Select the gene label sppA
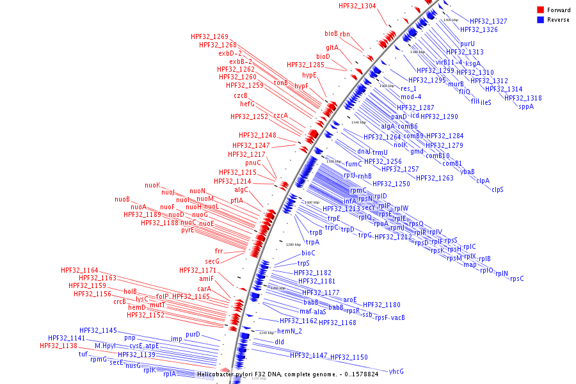point(526,106)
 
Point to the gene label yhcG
point(396,371)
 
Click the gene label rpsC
point(517,278)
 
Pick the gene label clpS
point(497,189)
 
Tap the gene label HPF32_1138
point(58,346)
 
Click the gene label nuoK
point(152,185)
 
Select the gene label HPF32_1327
point(488,21)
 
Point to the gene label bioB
point(331,33)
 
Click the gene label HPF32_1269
point(209,36)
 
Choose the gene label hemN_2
point(289,331)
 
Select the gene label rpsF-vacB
point(390,317)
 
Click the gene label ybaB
point(468,172)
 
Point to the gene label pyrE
point(187,230)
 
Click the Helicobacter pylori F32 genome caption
point(287,374)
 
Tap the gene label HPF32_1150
point(349,357)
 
